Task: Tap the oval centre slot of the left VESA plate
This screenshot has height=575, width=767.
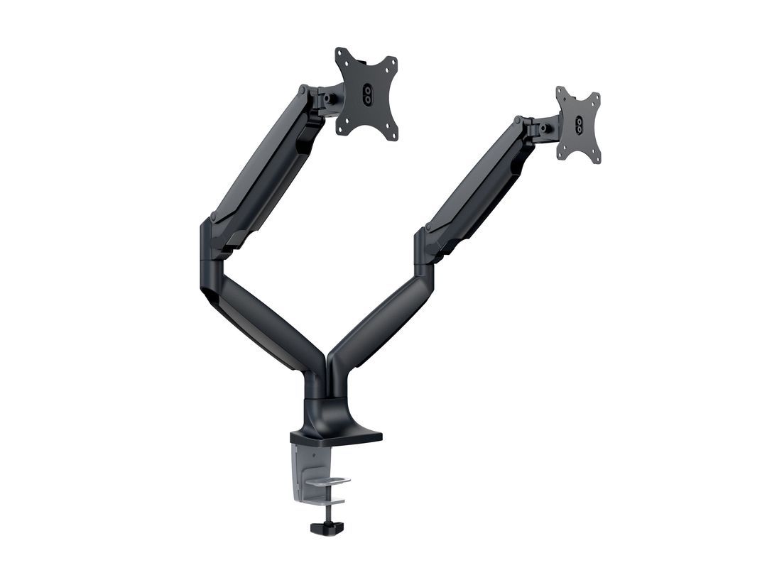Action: pyautogui.click(x=366, y=94)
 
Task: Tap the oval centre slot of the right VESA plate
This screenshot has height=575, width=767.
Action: pyautogui.click(x=579, y=125)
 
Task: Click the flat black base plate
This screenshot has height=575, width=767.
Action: pyautogui.click(x=341, y=434)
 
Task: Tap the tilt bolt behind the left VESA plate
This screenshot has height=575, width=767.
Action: pyautogui.click(x=330, y=99)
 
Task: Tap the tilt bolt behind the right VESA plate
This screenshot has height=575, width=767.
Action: pyautogui.click(x=544, y=129)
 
